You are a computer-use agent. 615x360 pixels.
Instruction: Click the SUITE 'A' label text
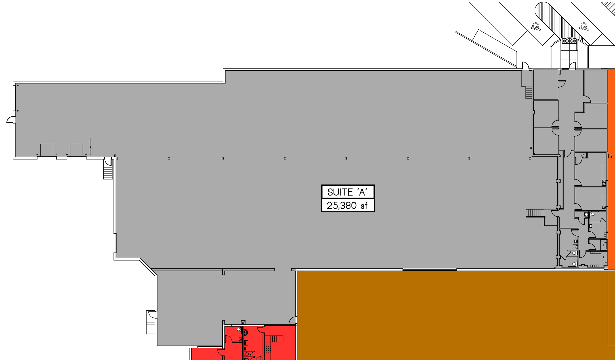(348, 192)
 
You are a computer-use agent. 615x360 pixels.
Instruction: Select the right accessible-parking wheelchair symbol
(584, 26)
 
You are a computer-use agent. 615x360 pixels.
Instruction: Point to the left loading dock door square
(47, 150)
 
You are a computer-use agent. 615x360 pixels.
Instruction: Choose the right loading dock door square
(76, 150)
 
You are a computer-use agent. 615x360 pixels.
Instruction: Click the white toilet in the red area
(238, 329)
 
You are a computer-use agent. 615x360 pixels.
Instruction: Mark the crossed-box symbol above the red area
(243, 322)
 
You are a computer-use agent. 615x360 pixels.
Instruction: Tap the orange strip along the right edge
(611, 170)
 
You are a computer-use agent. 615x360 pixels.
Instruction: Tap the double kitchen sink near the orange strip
(604, 183)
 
